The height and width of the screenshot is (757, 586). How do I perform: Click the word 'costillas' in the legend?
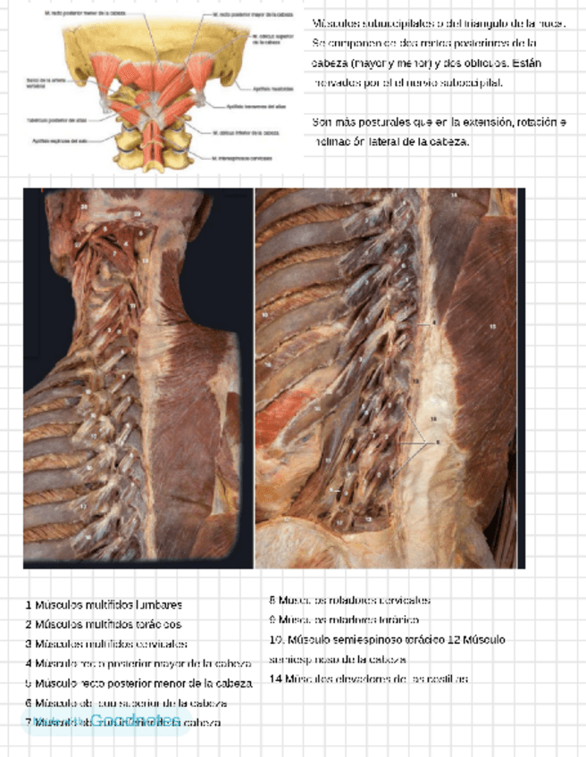pyautogui.click(x=448, y=678)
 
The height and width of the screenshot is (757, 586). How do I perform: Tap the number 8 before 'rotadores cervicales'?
pyautogui.click(x=272, y=600)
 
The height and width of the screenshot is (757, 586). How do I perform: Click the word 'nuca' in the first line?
pyautogui.click(x=550, y=21)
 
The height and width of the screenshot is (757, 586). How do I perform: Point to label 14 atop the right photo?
pyautogui.click(x=453, y=194)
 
